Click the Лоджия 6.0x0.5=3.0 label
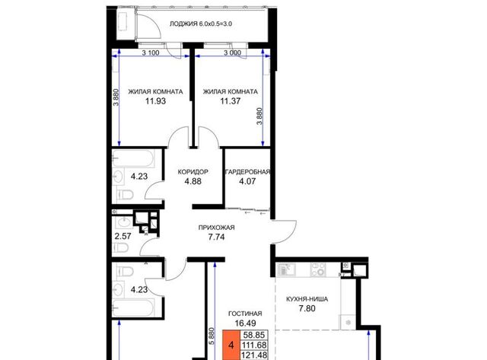point(201,24)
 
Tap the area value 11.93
point(155,101)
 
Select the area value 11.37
point(230,101)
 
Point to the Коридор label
point(193,172)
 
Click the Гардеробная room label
point(247,172)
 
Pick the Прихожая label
point(216,228)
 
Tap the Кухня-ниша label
point(307,299)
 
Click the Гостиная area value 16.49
point(245,323)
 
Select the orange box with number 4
point(231,345)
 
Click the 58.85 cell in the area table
point(254,335)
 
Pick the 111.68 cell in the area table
point(254,345)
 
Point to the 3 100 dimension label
point(151,53)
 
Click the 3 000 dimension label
point(232,53)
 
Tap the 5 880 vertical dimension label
point(212,336)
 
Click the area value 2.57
point(123,237)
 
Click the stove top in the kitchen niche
point(318,269)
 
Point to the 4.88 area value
point(193,181)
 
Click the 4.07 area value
point(247,181)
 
